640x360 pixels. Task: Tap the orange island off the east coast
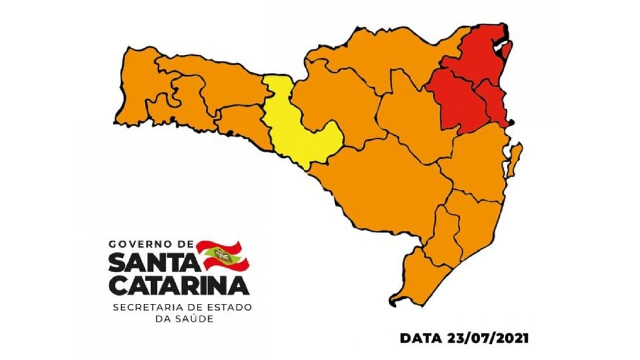pos(514,160)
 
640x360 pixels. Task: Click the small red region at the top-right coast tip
pos(507,50)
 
